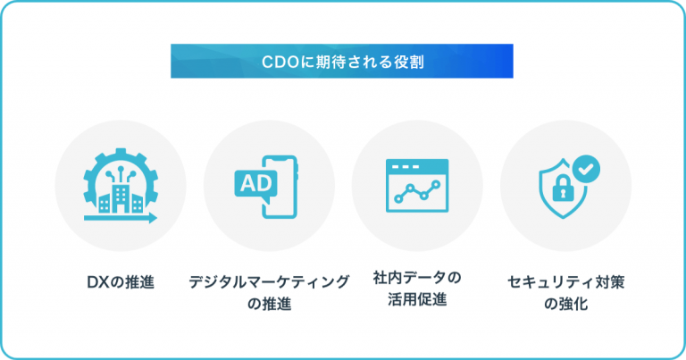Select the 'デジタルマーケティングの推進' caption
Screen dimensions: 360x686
(x=269, y=292)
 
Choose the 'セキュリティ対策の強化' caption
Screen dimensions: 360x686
(x=565, y=292)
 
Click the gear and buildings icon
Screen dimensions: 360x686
(x=121, y=187)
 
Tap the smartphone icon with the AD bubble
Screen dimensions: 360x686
(x=269, y=187)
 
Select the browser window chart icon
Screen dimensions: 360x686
(x=417, y=187)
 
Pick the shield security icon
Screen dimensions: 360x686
(x=565, y=187)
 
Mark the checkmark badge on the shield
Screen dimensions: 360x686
(x=585, y=167)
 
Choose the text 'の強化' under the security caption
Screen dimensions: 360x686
(x=565, y=303)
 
